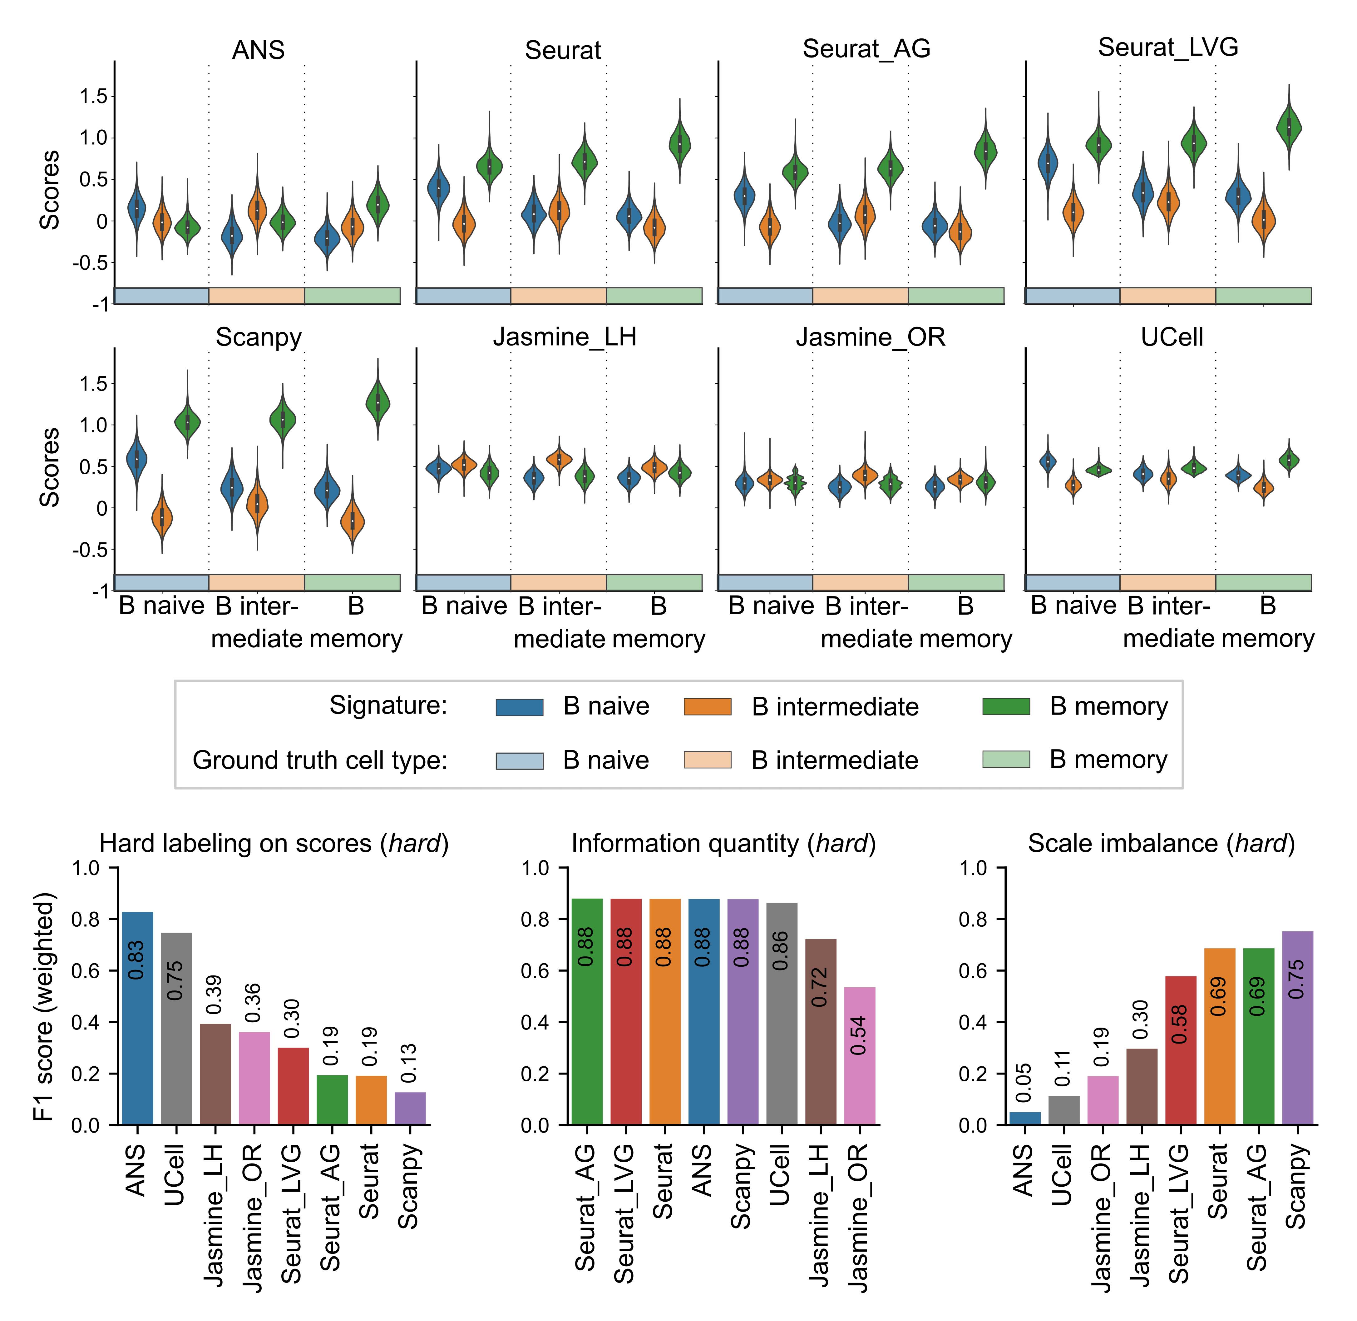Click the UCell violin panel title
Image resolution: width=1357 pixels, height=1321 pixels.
coord(1172,337)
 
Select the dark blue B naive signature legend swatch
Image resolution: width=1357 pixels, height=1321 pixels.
coord(519,706)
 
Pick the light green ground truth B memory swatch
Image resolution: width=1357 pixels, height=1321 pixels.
coord(1006,759)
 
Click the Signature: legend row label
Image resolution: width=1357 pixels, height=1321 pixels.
coord(388,705)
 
